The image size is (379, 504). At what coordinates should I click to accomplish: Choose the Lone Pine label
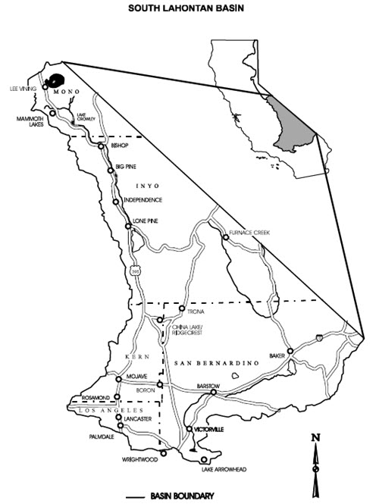[x=145, y=222]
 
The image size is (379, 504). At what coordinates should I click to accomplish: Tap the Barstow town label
[x=208, y=385]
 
